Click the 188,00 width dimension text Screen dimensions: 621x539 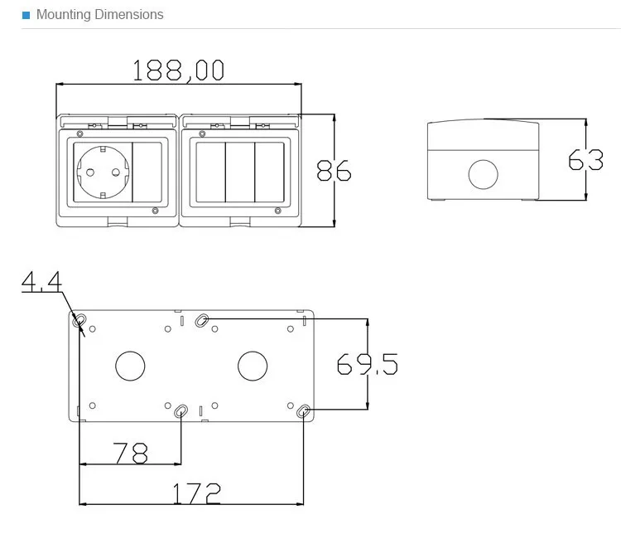pyautogui.click(x=178, y=70)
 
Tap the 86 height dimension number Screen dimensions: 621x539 pyautogui.click(x=334, y=171)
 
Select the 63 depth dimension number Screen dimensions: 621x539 pyautogui.click(x=585, y=159)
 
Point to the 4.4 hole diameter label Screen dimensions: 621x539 pyautogui.click(x=41, y=281)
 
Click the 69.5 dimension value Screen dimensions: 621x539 pyautogui.click(x=367, y=364)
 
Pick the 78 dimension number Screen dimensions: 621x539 pyautogui.click(x=130, y=453)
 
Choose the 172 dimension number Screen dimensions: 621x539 pyautogui.click(x=196, y=493)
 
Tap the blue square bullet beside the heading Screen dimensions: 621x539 pyautogui.click(x=26, y=15)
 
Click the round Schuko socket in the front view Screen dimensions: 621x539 pyautogui.click(x=103, y=172)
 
